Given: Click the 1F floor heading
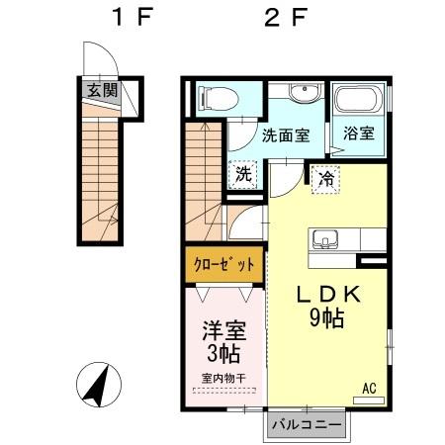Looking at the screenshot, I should pyautogui.click(x=130, y=17).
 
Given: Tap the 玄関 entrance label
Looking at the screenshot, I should pyautogui.click(x=101, y=91).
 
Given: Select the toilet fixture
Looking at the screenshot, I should pyautogui.click(x=218, y=98).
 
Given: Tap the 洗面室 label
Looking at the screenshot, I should pyautogui.click(x=286, y=137).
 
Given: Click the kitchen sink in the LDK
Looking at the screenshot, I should pyautogui.click(x=327, y=240).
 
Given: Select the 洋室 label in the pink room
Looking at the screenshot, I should pyautogui.click(x=223, y=329).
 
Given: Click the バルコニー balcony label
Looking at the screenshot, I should pyautogui.click(x=308, y=424).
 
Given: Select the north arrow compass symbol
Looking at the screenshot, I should pyautogui.click(x=97, y=386).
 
